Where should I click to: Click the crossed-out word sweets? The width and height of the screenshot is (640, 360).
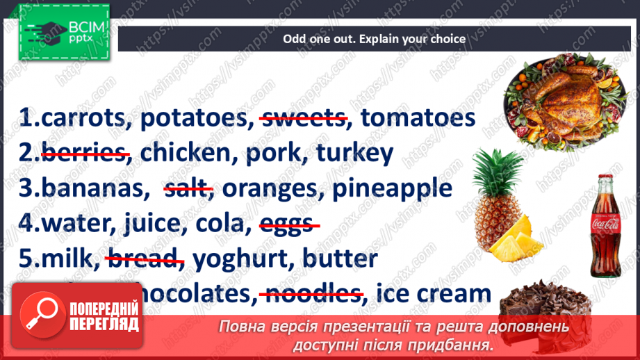tap(303, 119)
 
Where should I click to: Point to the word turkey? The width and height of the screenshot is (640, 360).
tap(354, 154)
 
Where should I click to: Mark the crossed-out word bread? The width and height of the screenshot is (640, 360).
tap(144, 259)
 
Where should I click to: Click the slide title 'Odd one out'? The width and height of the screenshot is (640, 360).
tap(374, 39)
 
